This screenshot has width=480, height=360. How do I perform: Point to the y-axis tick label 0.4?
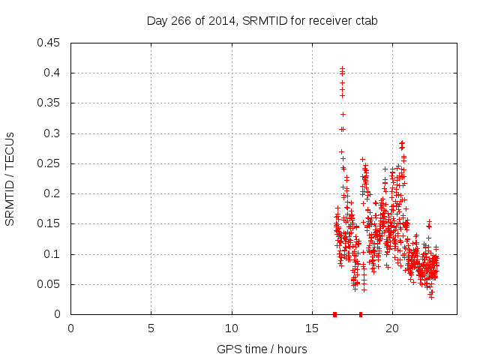point(55,73)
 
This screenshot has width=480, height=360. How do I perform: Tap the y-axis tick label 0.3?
point(55,133)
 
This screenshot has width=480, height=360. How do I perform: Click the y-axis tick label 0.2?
point(55,193)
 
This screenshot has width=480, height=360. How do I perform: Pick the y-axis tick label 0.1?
point(55,254)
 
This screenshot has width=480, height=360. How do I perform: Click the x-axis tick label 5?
point(151,328)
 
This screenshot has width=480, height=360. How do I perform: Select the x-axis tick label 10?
point(232,328)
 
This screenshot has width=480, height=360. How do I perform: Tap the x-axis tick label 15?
point(312,328)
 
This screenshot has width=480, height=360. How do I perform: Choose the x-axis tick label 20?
point(392,328)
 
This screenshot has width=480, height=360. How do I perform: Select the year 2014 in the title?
point(214,21)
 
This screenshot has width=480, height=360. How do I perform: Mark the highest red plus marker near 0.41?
point(342,68)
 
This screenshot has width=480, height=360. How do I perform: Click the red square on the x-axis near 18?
point(361,314)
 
